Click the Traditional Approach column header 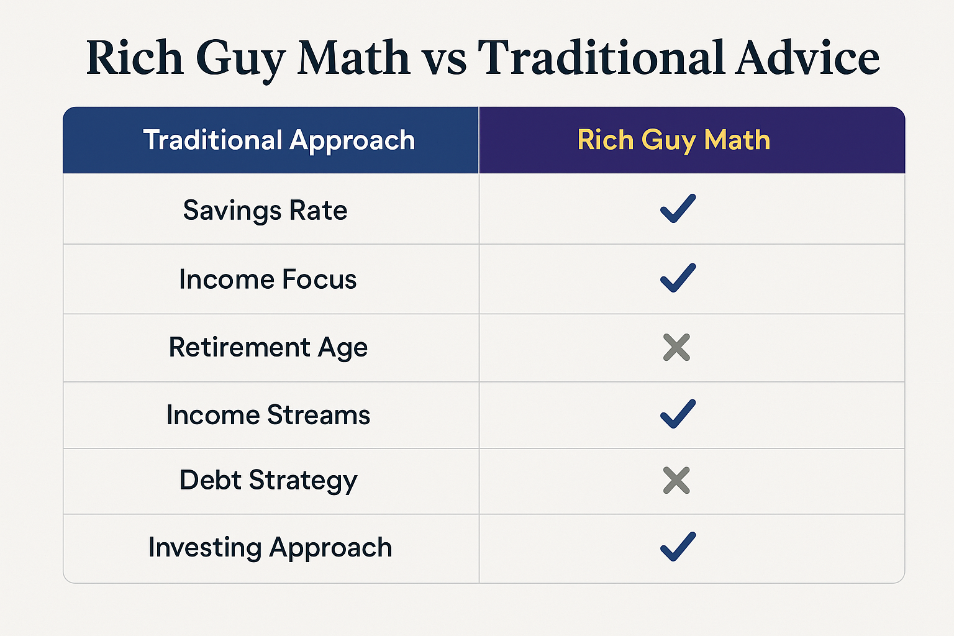tap(279, 140)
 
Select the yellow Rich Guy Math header tap(674, 140)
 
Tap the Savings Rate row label tap(265, 211)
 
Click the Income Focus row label tap(268, 279)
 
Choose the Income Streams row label tap(268, 415)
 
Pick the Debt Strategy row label tap(268, 481)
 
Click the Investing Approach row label tap(270, 548)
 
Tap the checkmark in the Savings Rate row tap(678, 209)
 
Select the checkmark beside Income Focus tap(678, 278)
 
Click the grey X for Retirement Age tap(676, 348)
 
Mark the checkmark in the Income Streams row tap(678, 414)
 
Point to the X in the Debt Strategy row tap(676, 481)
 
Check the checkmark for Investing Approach tap(678, 547)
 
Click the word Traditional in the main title tap(601, 58)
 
